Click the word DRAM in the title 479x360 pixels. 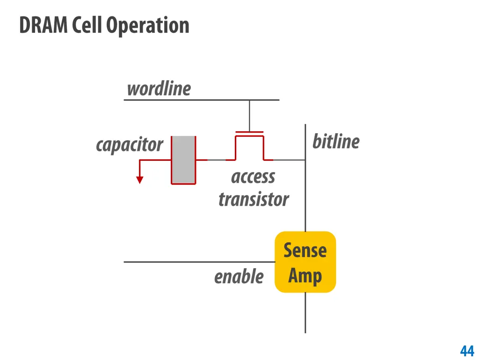coord(44,25)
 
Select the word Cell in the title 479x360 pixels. coord(87,25)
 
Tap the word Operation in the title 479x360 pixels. coord(148,26)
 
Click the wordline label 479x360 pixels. coord(159,89)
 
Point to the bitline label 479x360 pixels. coord(336,142)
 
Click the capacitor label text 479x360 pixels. coord(130,145)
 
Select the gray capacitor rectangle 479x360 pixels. coord(183,160)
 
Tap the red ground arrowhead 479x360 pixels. coord(139,180)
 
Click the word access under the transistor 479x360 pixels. coord(253,177)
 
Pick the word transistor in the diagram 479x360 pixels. coord(254,200)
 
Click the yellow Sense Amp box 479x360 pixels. coord(305,262)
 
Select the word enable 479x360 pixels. coord(239,277)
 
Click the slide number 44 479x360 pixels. coord(467,351)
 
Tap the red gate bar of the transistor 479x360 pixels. coord(249,132)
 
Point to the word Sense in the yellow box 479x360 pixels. coord(305,250)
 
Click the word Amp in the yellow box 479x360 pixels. coord(305,276)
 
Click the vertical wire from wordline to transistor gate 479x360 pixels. coord(249,116)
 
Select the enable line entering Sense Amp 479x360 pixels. coord(199,262)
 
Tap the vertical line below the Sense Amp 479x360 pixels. coord(305,313)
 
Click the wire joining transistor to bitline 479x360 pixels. coord(289,160)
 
